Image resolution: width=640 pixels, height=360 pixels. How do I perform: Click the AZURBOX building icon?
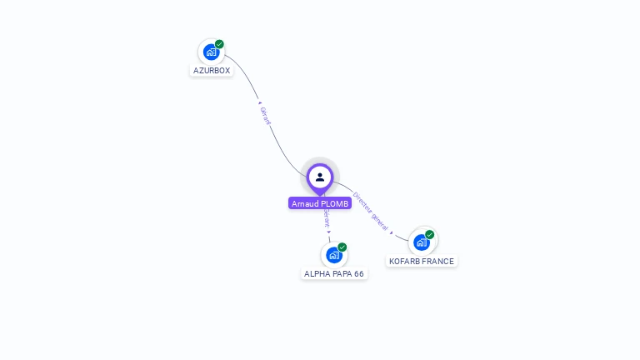click(211, 52)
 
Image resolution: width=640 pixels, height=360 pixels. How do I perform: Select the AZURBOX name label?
click(212, 71)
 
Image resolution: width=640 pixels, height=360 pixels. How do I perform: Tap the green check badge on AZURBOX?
click(219, 44)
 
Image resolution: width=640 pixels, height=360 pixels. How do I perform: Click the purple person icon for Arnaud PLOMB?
click(320, 177)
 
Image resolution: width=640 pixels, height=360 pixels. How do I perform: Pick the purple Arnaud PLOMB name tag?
click(320, 203)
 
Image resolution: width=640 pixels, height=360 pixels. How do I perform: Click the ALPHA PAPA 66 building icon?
click(333, 255)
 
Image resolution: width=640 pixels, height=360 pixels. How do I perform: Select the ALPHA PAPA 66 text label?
click(334, 273)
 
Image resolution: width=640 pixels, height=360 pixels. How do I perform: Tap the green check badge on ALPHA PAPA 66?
click(342, 247)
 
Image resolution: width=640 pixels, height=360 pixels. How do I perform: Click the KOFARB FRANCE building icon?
click(422, 242)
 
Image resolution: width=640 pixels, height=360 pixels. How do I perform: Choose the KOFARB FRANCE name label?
click(422, 261)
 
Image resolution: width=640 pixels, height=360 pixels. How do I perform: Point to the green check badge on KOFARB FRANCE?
click(430, 235)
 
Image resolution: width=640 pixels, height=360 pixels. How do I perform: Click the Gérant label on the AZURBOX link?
click(265, 116)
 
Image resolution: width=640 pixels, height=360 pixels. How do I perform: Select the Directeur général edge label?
click(370, 210)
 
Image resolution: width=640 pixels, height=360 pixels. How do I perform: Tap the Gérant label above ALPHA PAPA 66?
click(327, 218)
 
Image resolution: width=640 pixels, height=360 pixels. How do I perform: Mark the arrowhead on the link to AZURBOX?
click(259, 103)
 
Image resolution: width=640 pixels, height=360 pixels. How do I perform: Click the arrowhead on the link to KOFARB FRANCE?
click(392, 232)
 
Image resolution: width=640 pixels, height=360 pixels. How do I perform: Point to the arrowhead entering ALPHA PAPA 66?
click(329, 232)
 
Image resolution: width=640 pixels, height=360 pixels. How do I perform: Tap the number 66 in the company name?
click(359, 273)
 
